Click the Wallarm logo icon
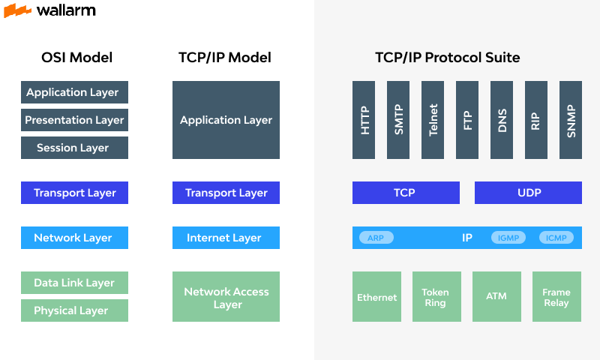point(17,10)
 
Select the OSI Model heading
point(76,58)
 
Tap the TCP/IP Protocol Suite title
point(447,58)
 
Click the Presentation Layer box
point(75,120)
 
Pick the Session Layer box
point(75,148)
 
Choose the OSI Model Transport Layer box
point(75,193)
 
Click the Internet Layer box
point(226,238)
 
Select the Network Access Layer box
point(226,297)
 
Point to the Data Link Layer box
point(75,283)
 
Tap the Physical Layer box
point(75,310)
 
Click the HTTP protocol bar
point(364,120)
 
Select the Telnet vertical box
point(433,120)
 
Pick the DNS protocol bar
point(502,120)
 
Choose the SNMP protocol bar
point(571,120)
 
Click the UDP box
point(528,193)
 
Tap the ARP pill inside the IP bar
point(375,238)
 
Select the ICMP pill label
point(556,238)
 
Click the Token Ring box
point(436,297)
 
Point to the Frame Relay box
point(556,297)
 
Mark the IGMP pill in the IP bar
point(508,238)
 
